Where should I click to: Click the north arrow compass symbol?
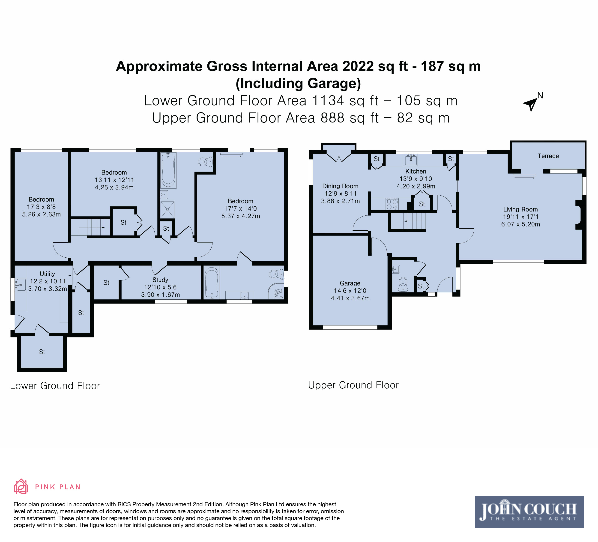531,104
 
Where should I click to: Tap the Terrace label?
548,156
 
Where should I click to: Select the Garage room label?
350,283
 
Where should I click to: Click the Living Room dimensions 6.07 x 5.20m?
520,224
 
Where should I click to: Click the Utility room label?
48,274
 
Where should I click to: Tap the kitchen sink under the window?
411,160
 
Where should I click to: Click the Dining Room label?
340,186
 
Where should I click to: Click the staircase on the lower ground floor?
90,227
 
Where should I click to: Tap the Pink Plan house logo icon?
21,487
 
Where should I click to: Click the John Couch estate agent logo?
529,512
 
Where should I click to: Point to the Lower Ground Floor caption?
55,386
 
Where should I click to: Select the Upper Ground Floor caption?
353,385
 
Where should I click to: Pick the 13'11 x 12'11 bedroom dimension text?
114,180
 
